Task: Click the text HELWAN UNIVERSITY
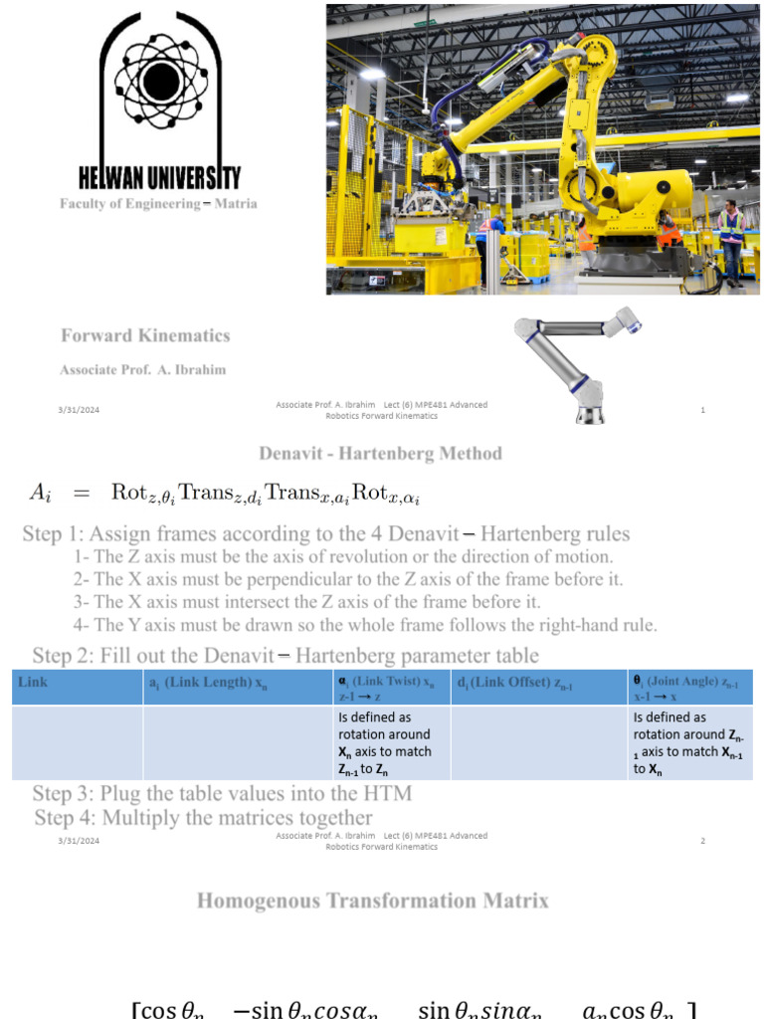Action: (x=159, y=179)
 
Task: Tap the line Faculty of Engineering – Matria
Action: (x=158, y=204)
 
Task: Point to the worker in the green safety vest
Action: (x=731, y=239)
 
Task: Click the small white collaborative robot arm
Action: (x=582, y=363)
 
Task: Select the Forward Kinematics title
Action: (x=145, y=335)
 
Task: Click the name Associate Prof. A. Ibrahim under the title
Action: (x=142, y=370)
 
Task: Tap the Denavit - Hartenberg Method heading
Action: (x=380, y=454)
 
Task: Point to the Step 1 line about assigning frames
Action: (x=326, y=534)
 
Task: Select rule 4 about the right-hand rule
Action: (x=365, y=625)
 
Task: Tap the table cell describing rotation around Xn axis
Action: (x=388, y=742)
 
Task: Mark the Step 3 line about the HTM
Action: (x=222, y=794)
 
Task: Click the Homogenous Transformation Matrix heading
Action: (x=372, y=902)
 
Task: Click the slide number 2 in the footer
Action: (x=702, y=841)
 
